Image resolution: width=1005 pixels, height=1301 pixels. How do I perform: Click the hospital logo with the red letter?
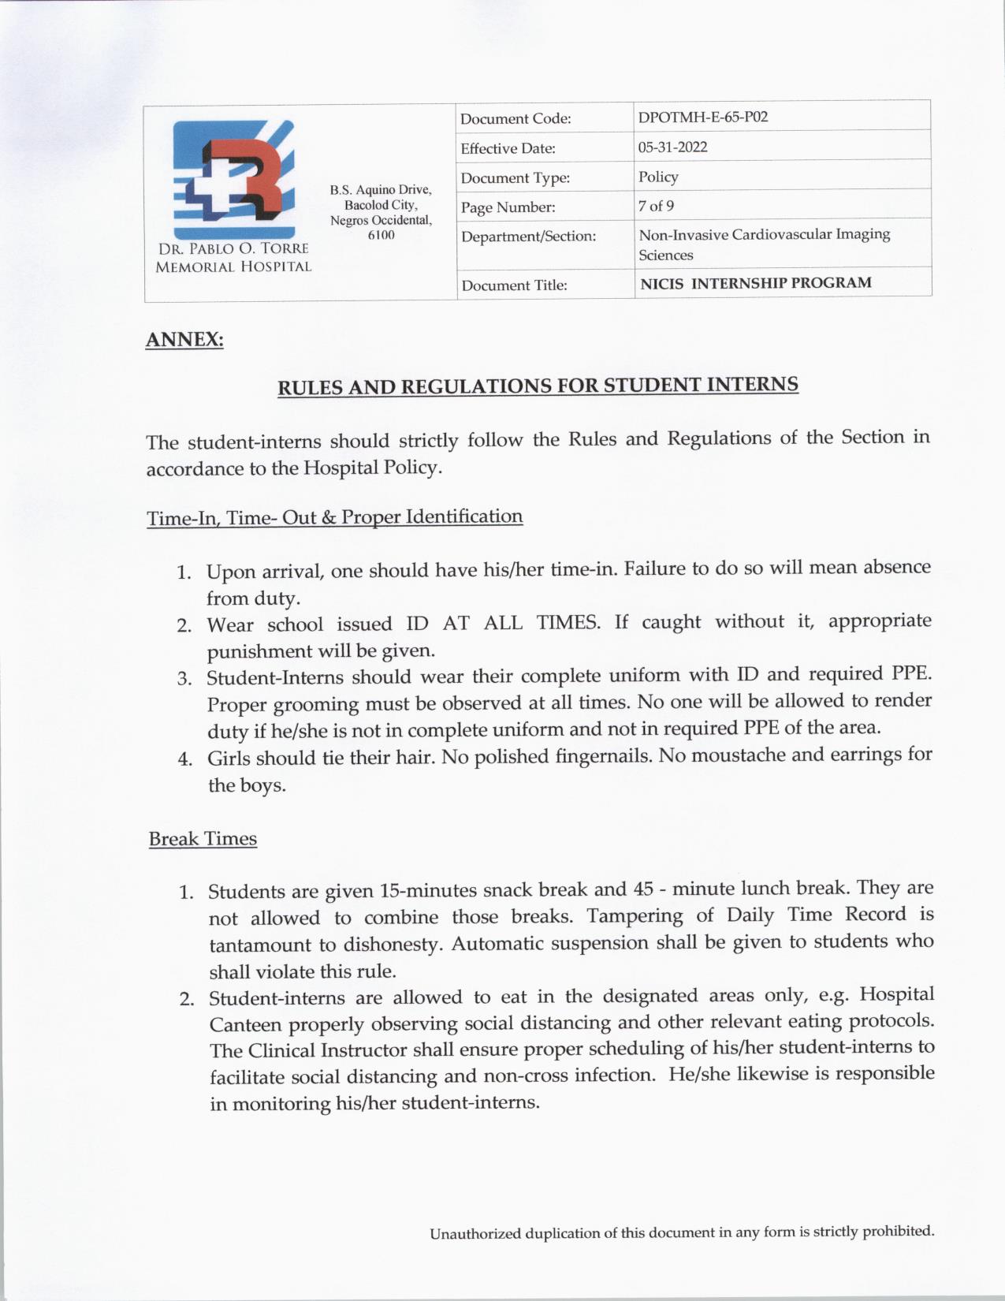(234, 179)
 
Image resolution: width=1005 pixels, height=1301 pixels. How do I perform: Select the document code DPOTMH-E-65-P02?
(703, 117)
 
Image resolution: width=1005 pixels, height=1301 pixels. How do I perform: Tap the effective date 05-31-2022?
(672, 147)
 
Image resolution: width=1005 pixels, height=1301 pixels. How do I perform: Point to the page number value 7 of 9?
(656, 207)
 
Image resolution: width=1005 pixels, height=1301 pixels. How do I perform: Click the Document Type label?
(515, 178)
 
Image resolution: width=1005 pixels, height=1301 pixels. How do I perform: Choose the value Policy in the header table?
(658, 177)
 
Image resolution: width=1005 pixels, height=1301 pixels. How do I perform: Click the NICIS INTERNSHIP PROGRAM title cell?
(755, 283)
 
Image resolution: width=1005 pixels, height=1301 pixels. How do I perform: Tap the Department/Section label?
(528, 237)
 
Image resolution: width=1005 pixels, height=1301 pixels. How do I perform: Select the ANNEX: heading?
(184, 340)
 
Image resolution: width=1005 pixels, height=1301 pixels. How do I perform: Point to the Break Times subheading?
(203, 839)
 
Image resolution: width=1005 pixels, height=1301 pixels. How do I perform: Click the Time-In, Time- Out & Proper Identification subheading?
(334, 517)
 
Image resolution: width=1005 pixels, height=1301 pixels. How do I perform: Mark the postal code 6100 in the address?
(381, 235)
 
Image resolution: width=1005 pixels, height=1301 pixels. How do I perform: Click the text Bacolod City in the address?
(380, 205)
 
